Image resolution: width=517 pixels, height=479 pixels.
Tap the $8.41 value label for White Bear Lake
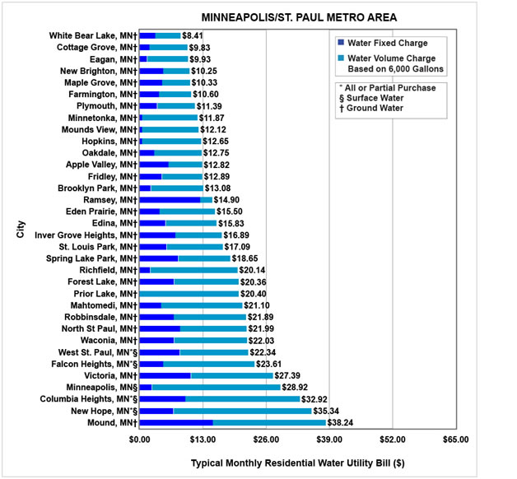point(193,36)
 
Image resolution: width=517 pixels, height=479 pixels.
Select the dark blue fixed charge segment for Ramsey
point(170,200)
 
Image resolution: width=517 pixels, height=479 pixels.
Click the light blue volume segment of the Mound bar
point(269,422)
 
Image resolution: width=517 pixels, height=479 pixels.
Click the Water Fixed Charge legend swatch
point(342,43)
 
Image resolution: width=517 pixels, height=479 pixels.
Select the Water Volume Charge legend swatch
point(342,58)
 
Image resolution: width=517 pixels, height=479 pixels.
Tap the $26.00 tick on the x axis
point(266,439)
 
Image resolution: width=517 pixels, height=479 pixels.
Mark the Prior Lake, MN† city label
point(105,294)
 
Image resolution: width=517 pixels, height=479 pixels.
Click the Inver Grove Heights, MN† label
point(86,235)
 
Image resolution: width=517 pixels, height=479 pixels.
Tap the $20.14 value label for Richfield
point(254,270)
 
